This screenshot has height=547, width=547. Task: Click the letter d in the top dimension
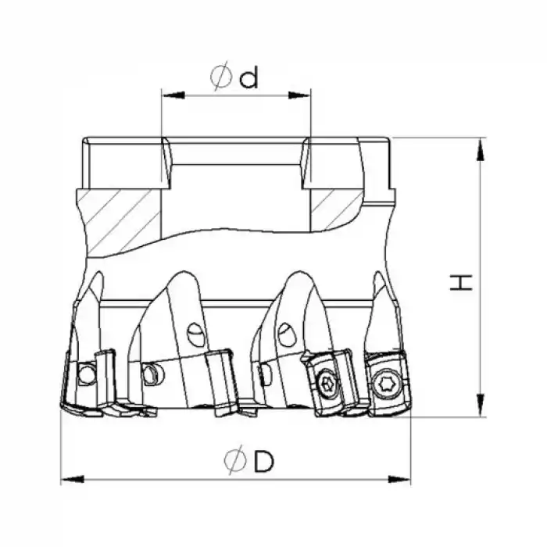248,78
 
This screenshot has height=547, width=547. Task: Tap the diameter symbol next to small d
220,78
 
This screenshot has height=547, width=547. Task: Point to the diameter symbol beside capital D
233,463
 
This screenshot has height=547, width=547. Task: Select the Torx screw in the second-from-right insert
327,382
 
